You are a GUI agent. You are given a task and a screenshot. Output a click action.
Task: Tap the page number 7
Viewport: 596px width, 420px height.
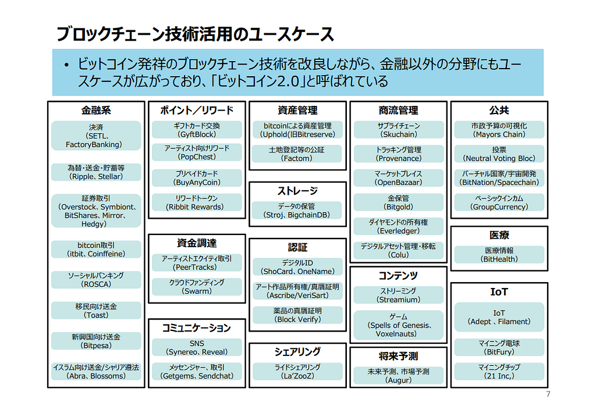(x=548, y=394)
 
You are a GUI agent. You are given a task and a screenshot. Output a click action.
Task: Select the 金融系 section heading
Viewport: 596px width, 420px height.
(x=95, y=110)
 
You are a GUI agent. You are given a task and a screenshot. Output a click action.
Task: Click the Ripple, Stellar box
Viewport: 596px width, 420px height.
(x=96, y=172)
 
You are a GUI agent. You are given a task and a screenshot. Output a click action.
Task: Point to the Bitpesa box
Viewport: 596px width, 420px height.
(x=96, y=341)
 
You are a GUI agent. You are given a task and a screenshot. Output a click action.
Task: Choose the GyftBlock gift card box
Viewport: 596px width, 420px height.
(x=197, y=130)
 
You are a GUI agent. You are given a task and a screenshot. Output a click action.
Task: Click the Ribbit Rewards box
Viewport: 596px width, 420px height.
(x=197, y=202)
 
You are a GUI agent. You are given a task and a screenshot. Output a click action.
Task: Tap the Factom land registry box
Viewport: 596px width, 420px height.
(x=297, y=154)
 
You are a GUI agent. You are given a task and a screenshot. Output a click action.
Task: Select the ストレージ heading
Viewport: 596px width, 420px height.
(x=297, y=191)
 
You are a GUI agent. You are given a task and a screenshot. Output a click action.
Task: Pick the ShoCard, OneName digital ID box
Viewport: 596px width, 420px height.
(x=297, y=267)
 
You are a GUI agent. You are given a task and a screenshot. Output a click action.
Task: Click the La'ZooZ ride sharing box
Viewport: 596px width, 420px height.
(x=297, y=371)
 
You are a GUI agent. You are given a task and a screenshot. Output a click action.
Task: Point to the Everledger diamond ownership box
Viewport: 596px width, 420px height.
(x=398, y=226)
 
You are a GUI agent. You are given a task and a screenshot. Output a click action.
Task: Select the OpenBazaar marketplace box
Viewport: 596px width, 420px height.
(x=398, y=178)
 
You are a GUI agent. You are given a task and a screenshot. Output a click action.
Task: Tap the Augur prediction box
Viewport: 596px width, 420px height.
(x=398, y=375)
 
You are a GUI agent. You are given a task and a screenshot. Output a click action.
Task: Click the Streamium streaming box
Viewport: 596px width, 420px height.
(x=398, y=295)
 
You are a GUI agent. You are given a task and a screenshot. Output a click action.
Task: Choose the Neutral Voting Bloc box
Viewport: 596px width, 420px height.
(x=499, y=154)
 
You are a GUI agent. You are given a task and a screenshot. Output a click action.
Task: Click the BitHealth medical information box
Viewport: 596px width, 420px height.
(x=499, y=255)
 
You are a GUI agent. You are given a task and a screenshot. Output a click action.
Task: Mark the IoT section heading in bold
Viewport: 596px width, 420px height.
(x=499, y=292)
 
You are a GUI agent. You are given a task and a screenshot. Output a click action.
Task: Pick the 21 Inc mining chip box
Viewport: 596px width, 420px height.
(x=499, y=371)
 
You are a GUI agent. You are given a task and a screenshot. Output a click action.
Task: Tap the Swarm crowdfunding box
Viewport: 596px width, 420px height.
(x=197, y=287)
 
